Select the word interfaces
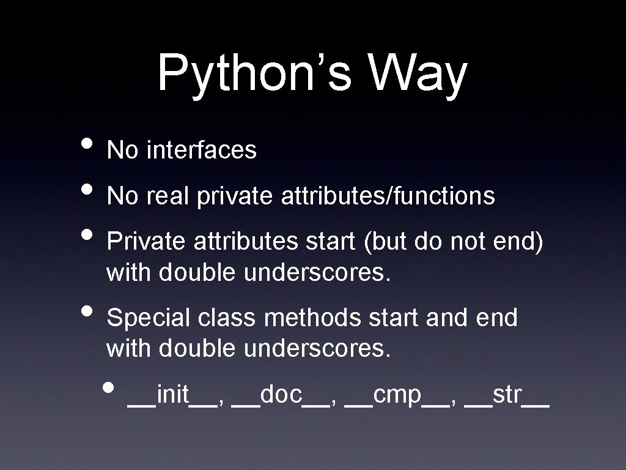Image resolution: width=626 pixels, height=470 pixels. (x=201, y=150)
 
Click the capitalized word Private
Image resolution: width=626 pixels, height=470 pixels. (x=147, y=243)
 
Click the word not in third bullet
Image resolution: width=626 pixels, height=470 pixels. (x=469, y=243)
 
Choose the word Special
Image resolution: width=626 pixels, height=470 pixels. (x=149, y=318)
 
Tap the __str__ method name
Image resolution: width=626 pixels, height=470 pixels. (x=507, y=396)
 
